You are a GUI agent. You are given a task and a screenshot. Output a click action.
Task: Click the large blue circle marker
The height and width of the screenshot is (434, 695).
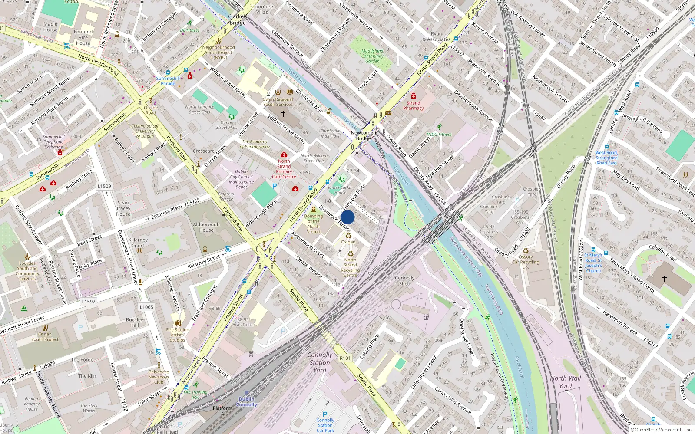click(x=347, y=217)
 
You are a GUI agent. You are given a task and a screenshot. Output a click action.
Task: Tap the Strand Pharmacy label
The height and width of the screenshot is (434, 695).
click(x=413, y=105)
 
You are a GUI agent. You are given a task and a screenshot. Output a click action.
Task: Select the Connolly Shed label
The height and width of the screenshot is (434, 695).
click(x=404, y=281)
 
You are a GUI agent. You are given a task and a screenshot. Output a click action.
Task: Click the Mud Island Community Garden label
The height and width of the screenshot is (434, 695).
click(x=372, y=56)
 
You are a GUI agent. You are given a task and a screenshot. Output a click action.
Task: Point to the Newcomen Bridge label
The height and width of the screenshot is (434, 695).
click(x=363, y=135)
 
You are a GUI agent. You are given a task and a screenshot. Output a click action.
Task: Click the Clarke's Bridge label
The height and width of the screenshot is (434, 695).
click(x=238, y=20)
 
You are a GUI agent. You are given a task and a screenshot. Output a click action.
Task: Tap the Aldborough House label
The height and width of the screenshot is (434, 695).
click(x=206, y=227)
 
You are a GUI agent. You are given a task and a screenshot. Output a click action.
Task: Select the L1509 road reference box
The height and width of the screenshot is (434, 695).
click(x=104, y=186)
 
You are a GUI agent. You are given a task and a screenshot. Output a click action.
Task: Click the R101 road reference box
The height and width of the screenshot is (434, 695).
click(x=345, y=358)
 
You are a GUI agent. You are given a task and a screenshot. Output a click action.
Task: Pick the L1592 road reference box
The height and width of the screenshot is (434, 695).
click(x=89, y=302)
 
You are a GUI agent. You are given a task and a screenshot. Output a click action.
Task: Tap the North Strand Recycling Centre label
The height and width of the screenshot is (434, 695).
click(x=350, y=267)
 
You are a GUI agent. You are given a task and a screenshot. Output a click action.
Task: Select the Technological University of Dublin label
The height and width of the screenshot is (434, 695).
click(x=145, y=131)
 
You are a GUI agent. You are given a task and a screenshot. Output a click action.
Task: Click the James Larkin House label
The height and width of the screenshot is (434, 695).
click(x=340, y=190)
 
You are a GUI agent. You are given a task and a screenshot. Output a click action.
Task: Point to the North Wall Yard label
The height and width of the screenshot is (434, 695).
click(x=565, y=382)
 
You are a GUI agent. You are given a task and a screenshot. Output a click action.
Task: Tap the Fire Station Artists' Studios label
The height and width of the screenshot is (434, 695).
click(x=178, y=335)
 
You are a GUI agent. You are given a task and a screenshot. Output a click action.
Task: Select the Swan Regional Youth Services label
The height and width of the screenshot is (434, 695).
click(x=278, y=102)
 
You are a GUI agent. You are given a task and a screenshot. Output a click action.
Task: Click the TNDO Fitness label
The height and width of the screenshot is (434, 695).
click(x=439, y=135)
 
